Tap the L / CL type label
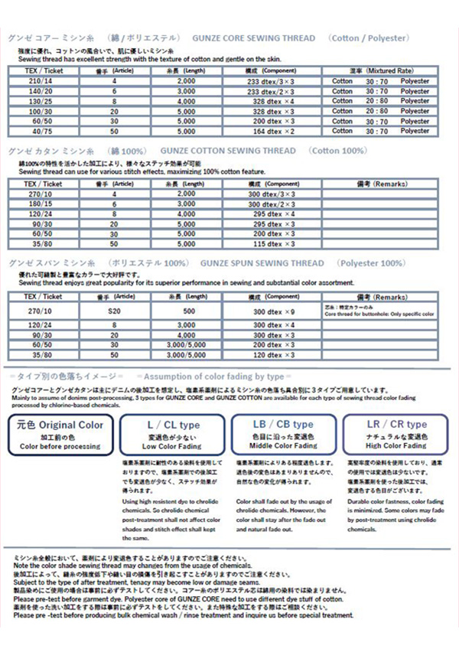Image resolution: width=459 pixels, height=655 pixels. click(173, 425)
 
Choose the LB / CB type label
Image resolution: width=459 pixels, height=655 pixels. click(282, 425)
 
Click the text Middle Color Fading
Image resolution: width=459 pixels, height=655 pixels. click(282, 445)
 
